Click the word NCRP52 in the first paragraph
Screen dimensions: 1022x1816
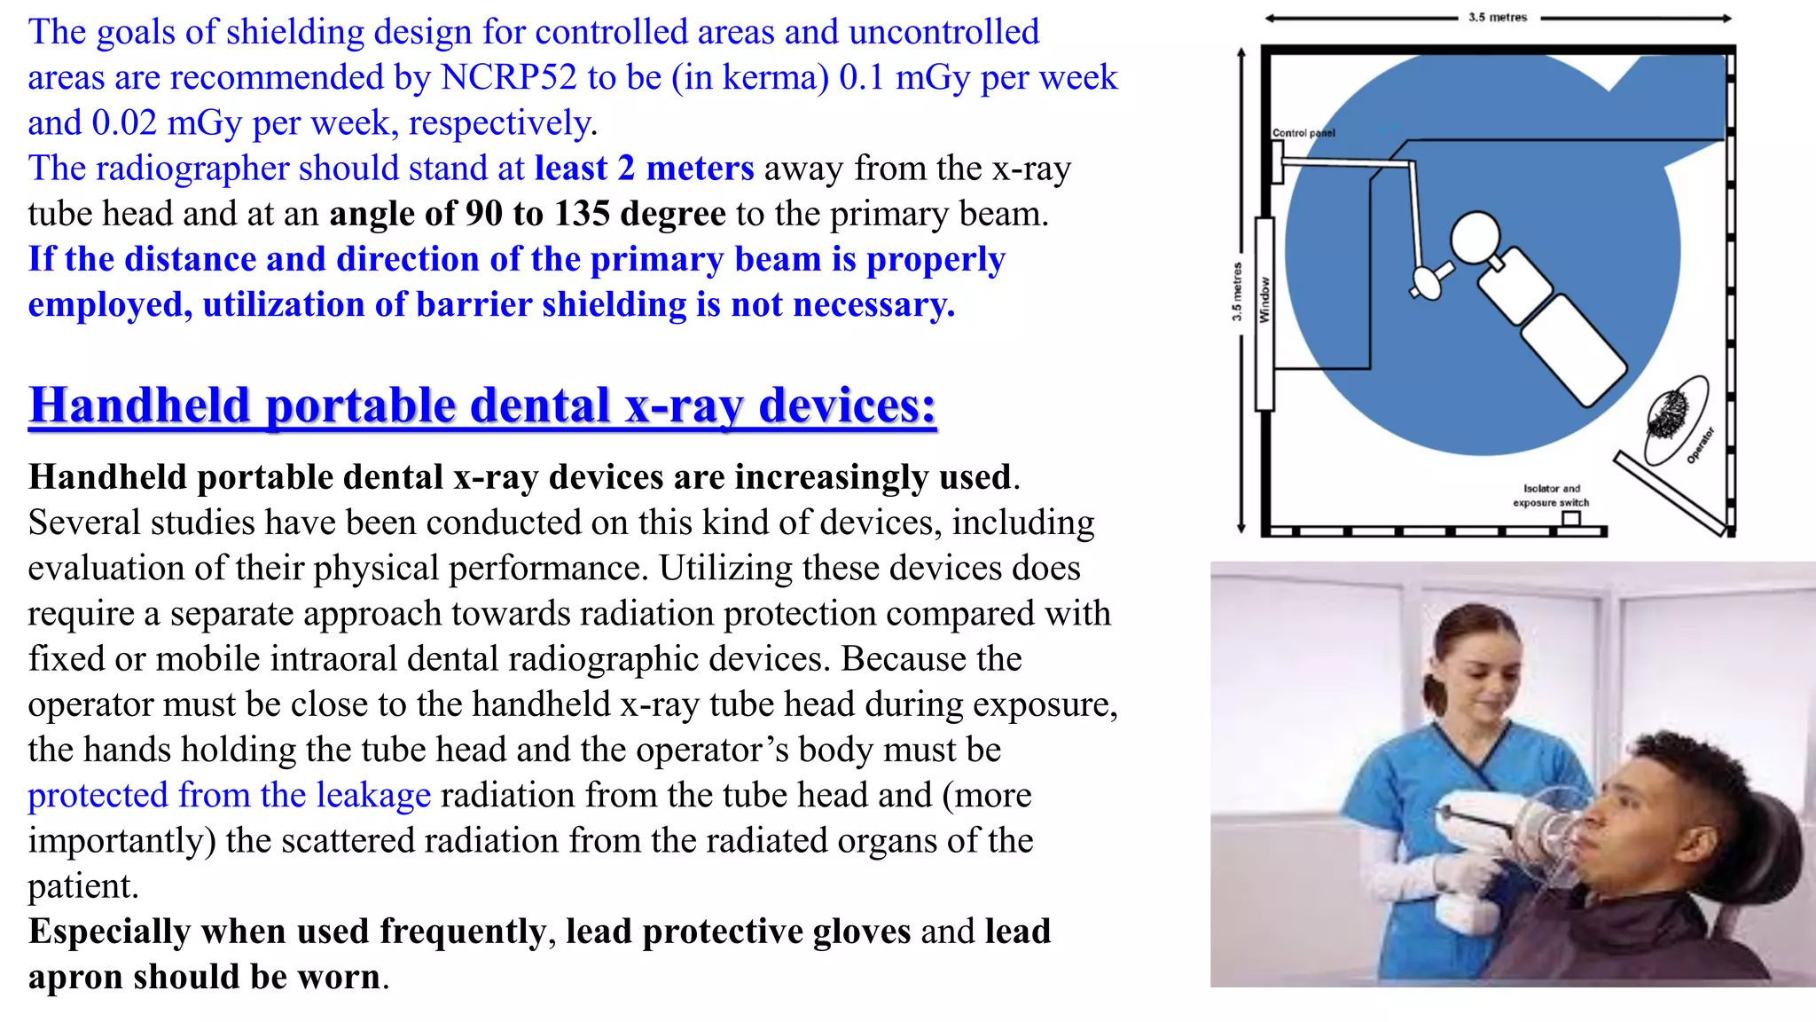[x=508, y=77]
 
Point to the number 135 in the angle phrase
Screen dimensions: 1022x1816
[x=582, y=214]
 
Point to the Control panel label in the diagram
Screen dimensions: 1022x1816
[x=1303, y=133]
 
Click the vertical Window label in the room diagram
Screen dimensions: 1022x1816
[x=1264, y=300]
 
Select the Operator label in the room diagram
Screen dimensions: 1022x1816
[x=1700, y=445]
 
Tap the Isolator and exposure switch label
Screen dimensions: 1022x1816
[x=1551, y=495]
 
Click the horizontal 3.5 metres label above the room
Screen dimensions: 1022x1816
[x=1498, y=17]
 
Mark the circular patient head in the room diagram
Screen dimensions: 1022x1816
[x=1475, y=237]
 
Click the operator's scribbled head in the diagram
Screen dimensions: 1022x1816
[x=1670, y=412]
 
